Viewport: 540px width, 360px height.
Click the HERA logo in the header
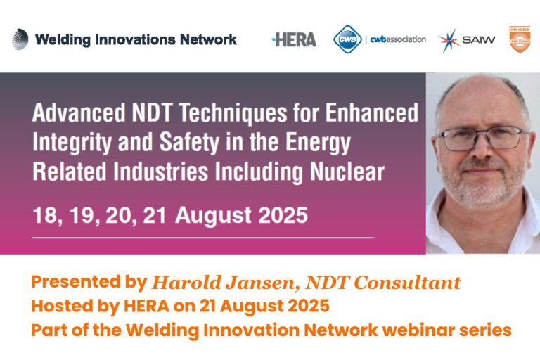tap(294, 39)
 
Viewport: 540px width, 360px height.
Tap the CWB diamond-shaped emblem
tap(347, 39)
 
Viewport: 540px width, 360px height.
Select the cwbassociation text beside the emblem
tap(398, 39)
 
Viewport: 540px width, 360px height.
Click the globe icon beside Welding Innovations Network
tap(20, 39)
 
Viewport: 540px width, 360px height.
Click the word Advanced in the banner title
tap(75, 112)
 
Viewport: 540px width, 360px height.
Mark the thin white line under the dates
tap(204, 238)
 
